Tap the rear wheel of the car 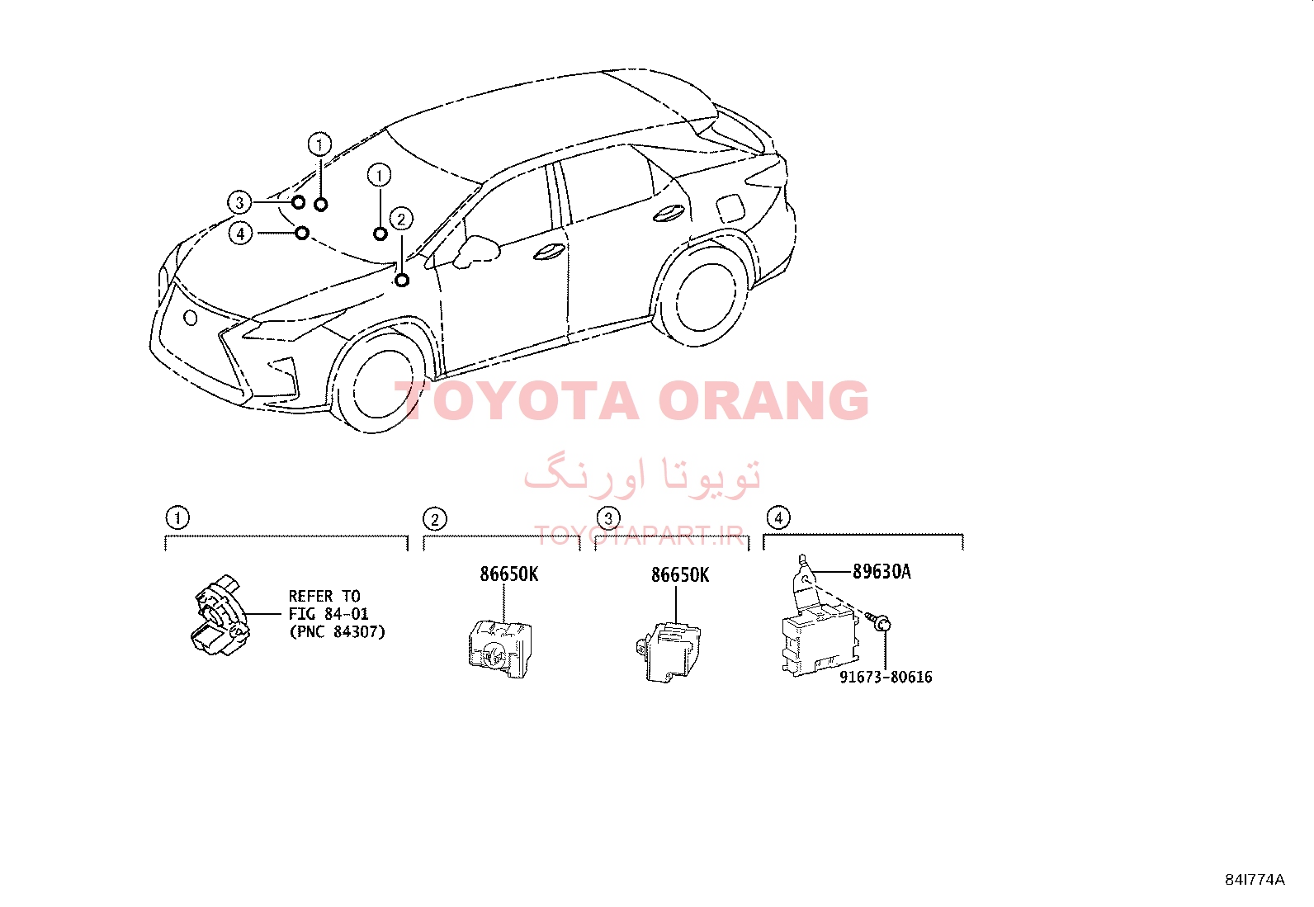point(701,297)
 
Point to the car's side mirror point(475,251)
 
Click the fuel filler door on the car point(730,208)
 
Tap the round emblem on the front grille point(190,318)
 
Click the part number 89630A point(882,571)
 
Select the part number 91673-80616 point(886,677)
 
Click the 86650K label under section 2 point(508,574)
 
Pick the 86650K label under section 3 point(680,575)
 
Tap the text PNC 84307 point(338,632)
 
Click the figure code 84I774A point(1255,880)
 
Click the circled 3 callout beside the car point(239,203)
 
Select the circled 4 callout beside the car point(240,234)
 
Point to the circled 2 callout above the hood point(401,219)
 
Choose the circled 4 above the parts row point(778,518)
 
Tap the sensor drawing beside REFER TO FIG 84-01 point(220,614)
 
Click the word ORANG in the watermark point(763,400)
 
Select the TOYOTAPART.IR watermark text point(639,536)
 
